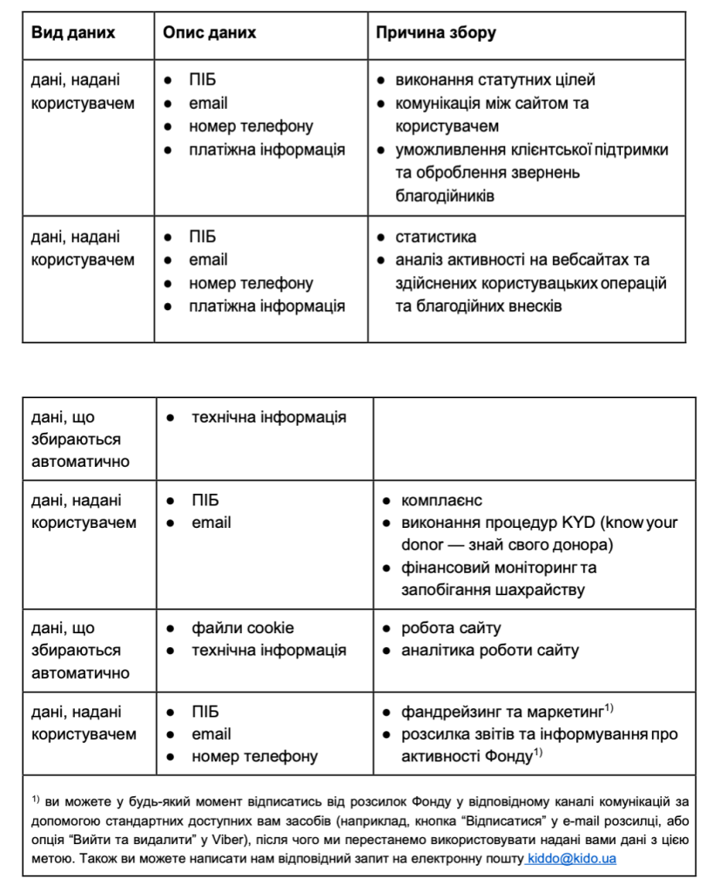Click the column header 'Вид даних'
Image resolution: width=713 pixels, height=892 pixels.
pyautogui.click(x=73, y=33)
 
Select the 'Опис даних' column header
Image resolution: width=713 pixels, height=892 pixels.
pyautogui.click(x=210, y=33)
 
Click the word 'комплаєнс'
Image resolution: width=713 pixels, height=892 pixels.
pyautogui.click(x=441, y=501)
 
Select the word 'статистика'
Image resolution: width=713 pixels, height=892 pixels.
pyautogui.click(x=436, y=237)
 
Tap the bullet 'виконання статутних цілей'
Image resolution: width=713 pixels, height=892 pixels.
pyautogui.click(x=495, y=80)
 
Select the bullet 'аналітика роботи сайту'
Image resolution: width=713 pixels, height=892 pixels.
pyautogui.click(x=489, y=651)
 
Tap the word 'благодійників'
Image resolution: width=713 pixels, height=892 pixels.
pyautogui.click(x=445, y=195)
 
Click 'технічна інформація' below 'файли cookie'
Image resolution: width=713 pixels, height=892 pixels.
pyautogui.click(x=268, y=651)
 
